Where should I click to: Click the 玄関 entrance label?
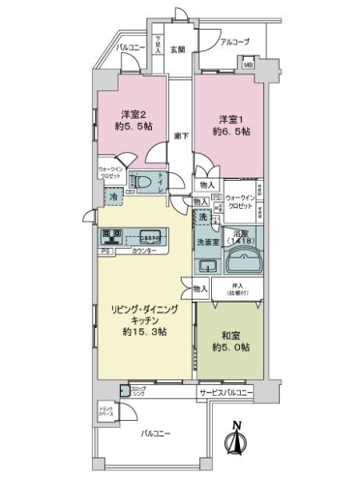tap(178, 50)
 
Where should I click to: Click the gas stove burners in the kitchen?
tap(112, 237)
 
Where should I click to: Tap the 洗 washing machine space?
tap(203, 218)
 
